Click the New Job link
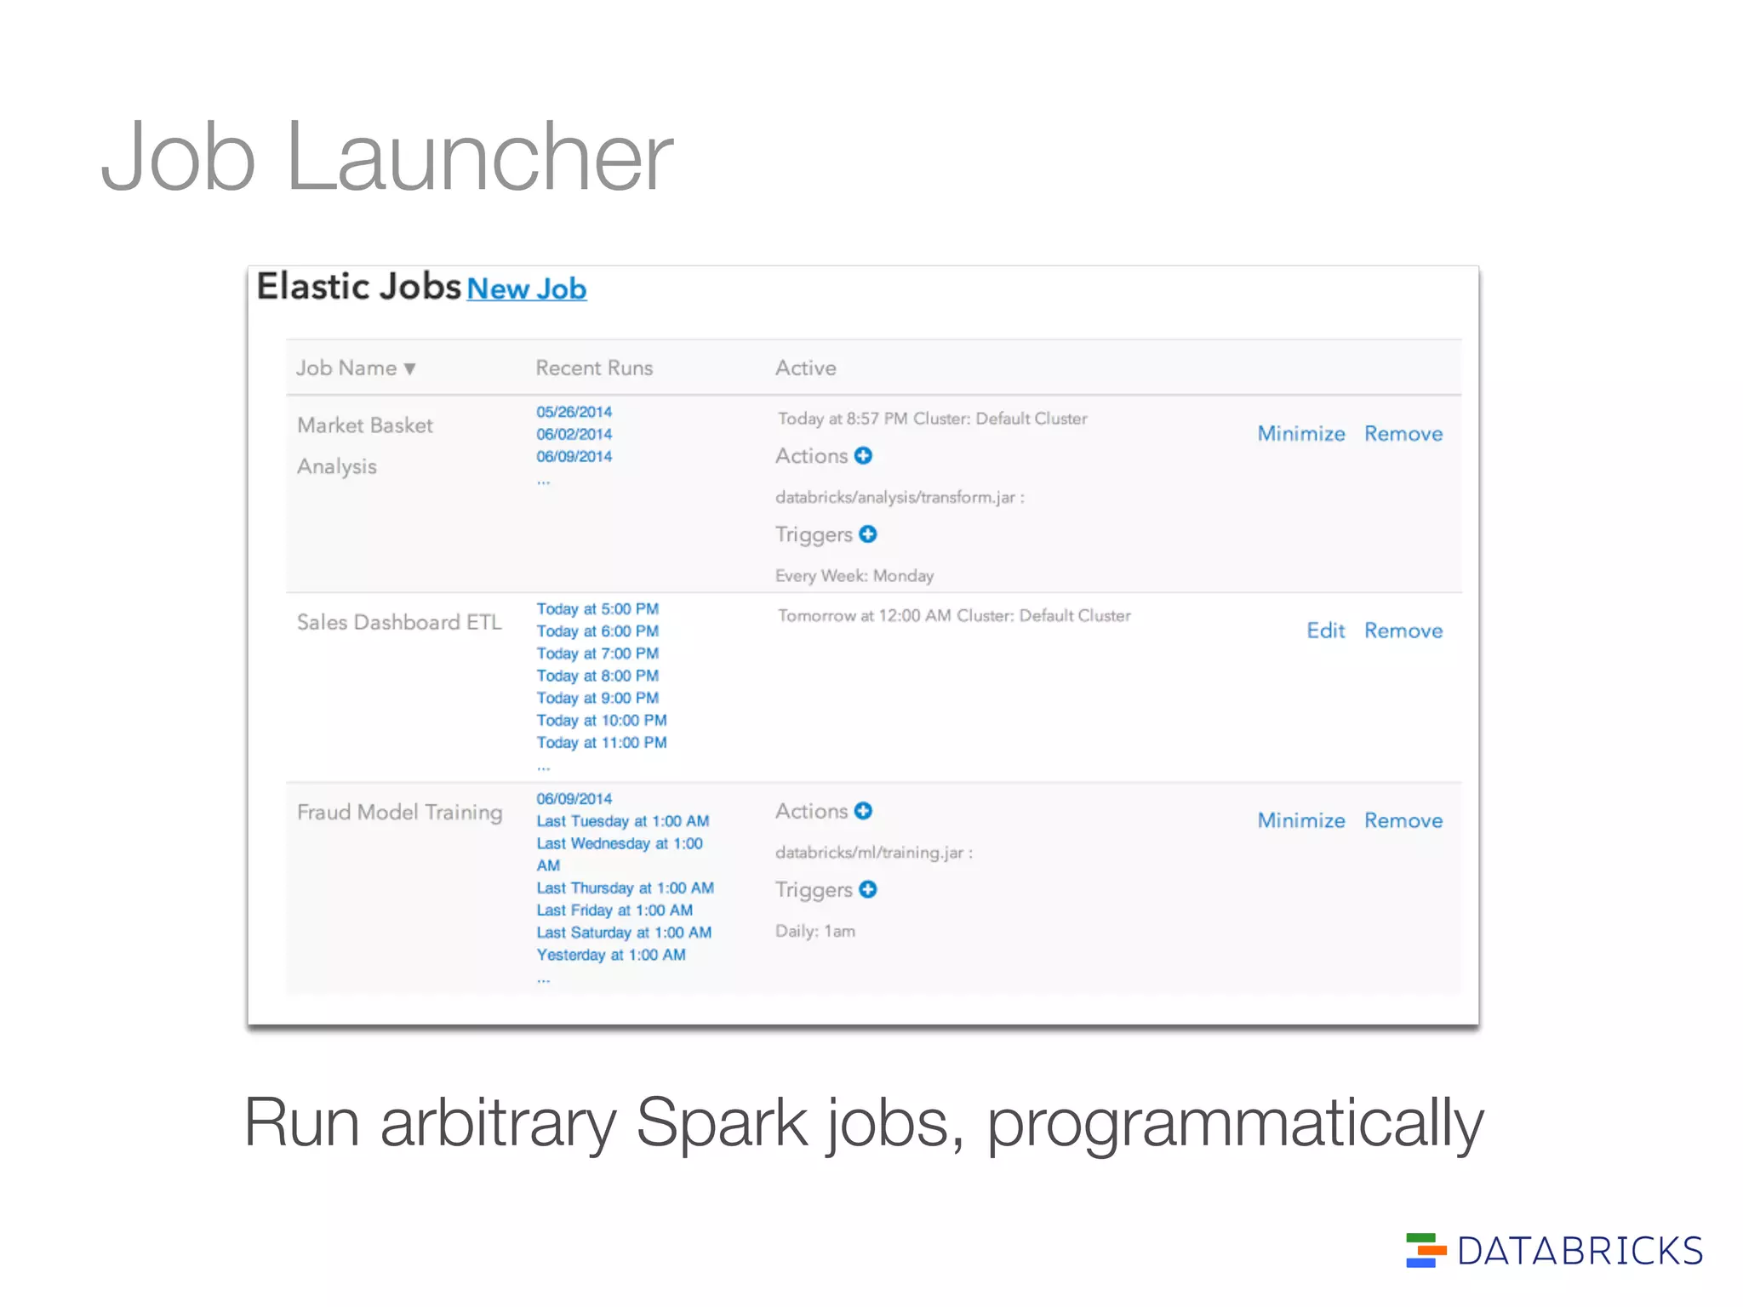pyautogui.click(x=526, y=289)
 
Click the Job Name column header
pyautogui.click(x=355, y=368)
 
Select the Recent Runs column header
pyautogui.click(x=594, y=368)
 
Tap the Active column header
pyautogui.click(x=805, y=368)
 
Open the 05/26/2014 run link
pyautogui.click(x=574, y=412)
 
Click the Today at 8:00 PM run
pyautogui.click(x=597, y=676)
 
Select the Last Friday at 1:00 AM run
pyautogui.click(x=614, y=910)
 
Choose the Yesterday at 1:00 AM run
pyautogui.click(x=611, y=955)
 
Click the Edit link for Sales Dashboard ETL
pyautogui.click(x=1325, y=631)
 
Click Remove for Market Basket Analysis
pyautogui.click(x=1403, y=434)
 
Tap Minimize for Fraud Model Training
pyautogui.click(x=1301, y=820)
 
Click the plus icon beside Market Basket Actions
pyautogui.click(x=863, y=456)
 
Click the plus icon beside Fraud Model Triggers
pyautogui.click(x=868, y=889)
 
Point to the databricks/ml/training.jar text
pyautogui.click(x=871, y=853)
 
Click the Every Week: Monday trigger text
pyautogui.click(x=854, y=576)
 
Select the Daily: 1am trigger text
pyautogui.click(x=814, y=931)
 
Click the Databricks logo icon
pyautogui.click(x=1426, y=1250)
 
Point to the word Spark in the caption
pyautogui.click(x=722, y=1123)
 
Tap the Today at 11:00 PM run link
pyautogui.click(x=602, y=743)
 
